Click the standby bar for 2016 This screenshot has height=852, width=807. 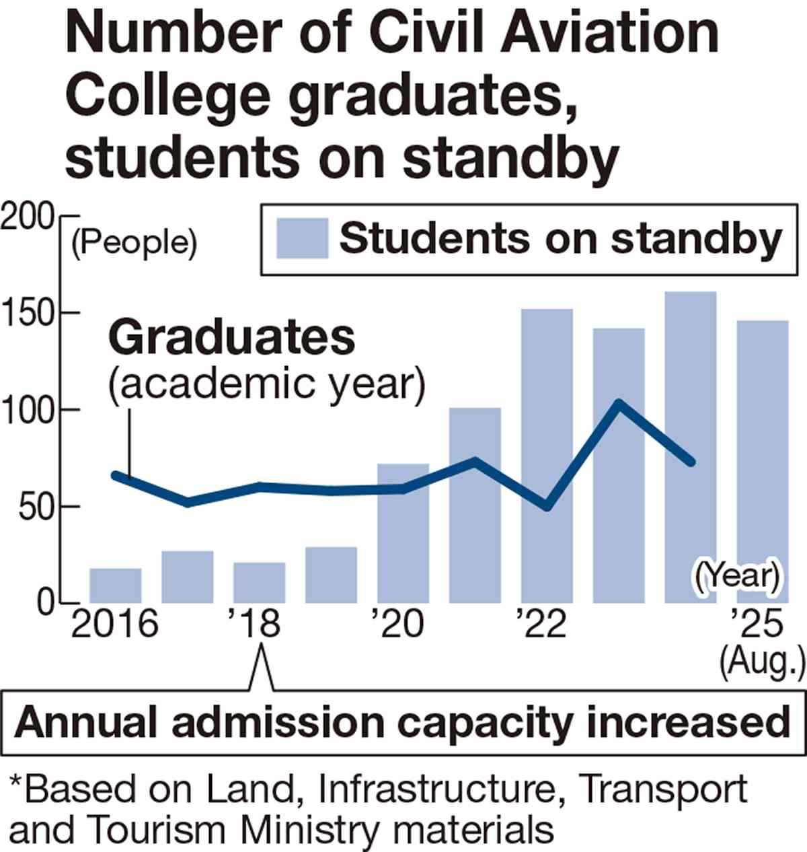[x=116, y=585]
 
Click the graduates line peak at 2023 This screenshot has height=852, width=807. [x=619, y=404]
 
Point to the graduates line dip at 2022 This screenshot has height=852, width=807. [x=547, y=505]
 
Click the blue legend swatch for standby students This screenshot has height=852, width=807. [x=302, y=239]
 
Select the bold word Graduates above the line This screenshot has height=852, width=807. [x=232, y=338]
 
